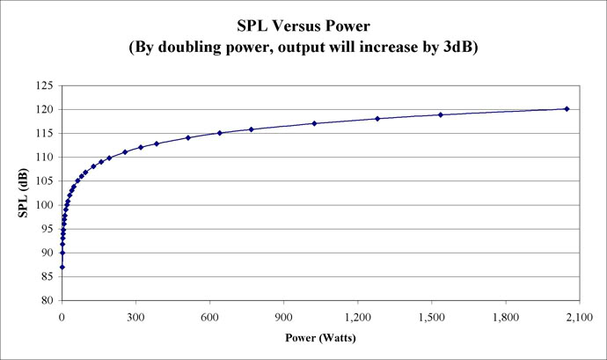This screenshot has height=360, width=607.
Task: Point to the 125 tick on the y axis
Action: pos(44,86)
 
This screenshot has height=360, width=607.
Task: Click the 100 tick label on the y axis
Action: pos(44,205)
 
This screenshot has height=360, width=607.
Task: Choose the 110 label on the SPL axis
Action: pos(44,158)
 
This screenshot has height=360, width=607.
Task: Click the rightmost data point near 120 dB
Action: pos(567,108)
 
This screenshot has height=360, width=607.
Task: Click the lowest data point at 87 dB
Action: pos(62,267)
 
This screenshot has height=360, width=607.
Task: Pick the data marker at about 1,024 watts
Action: pos(314,123)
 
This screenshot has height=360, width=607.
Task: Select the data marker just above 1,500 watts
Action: pos(441,114)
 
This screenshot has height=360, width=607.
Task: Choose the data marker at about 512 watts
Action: pos(188,137)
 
